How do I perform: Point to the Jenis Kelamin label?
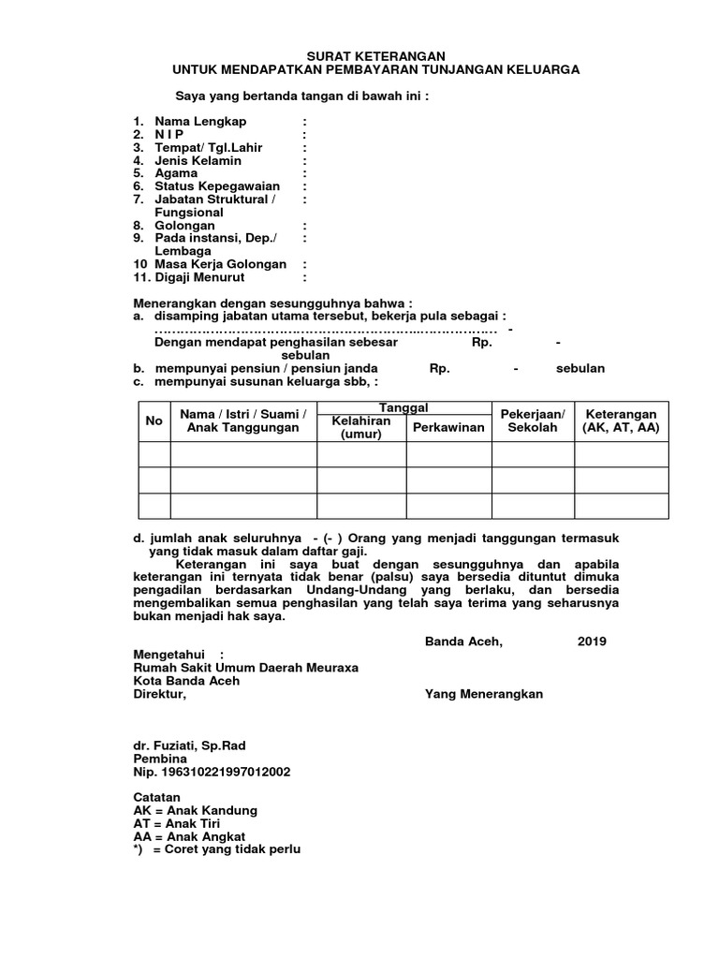click(198, 160)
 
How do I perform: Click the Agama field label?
click(176, 173)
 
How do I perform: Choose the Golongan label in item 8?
click(184, 226)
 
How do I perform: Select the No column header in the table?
click(154, 420)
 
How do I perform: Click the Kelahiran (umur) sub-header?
click(360, 428)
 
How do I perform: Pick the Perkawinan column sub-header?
click(448, 427)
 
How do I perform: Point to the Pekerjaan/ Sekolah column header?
click(532, 420)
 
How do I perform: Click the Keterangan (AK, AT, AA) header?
click(621, 420)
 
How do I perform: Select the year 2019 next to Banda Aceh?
click(592, 642)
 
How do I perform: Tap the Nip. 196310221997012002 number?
click(212, 772)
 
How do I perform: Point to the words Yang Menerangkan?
click(483, 694)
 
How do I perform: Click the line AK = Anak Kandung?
click(195, 810)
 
